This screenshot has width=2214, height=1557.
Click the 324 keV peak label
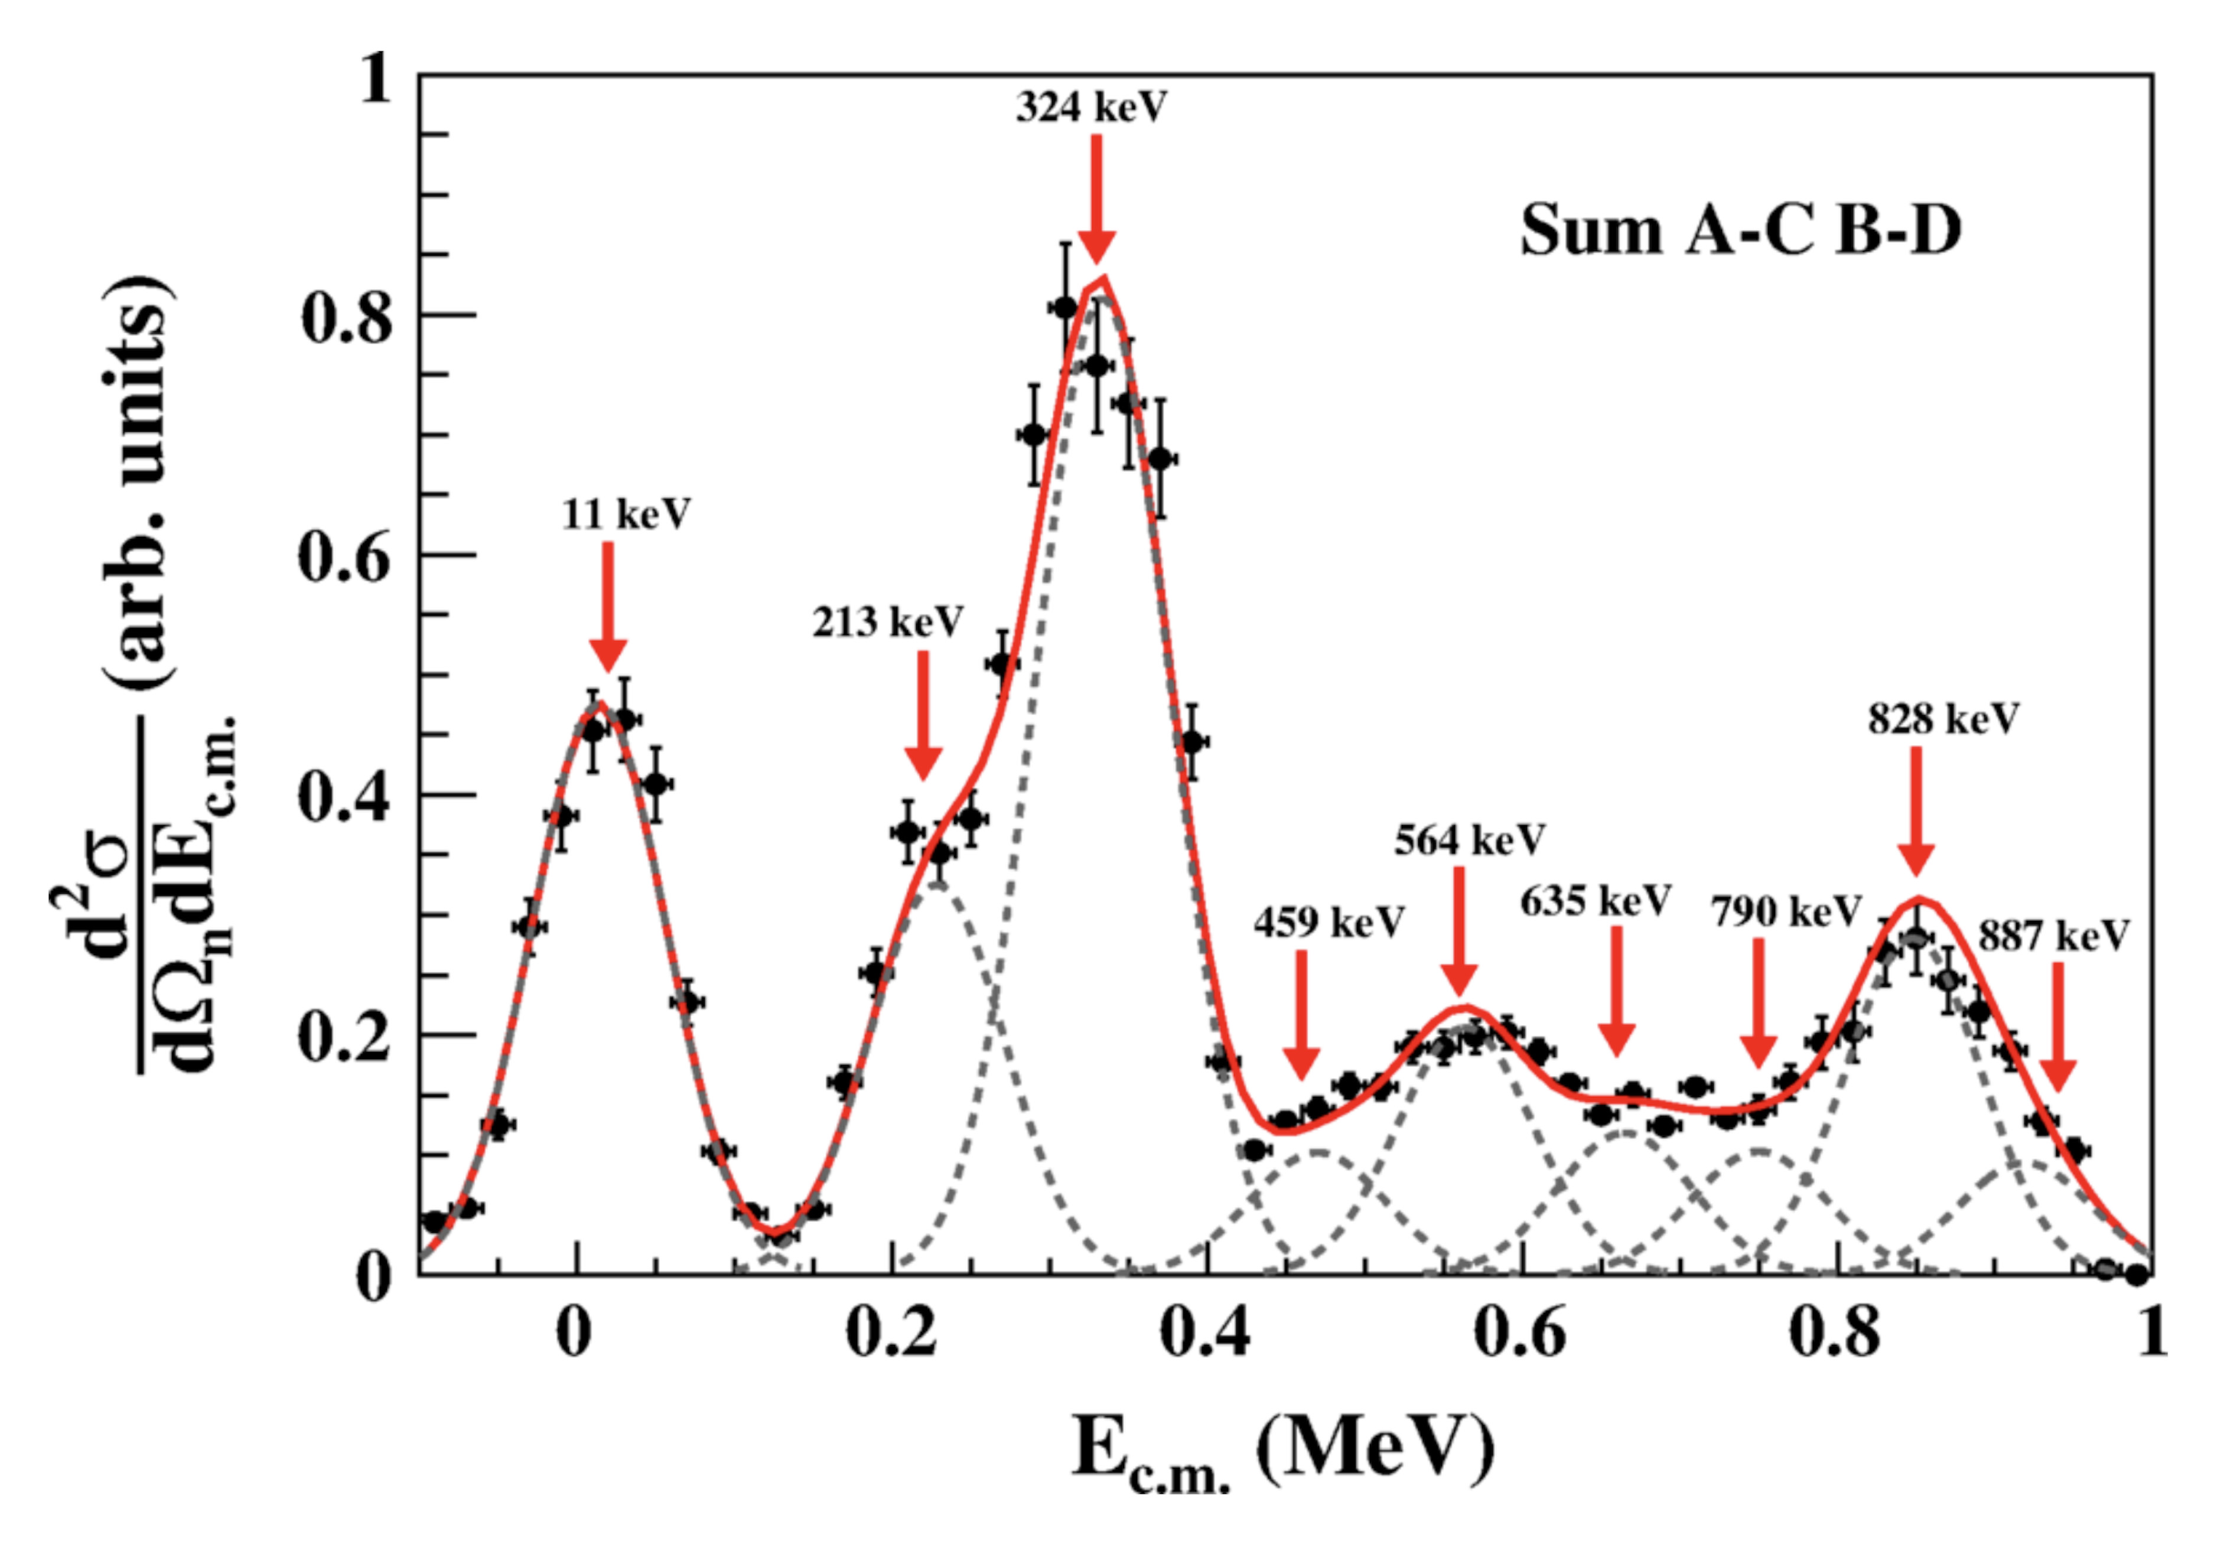coord(1092,106)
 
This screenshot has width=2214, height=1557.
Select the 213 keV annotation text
coord(887,622)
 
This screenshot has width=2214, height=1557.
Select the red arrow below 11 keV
coord(607,607)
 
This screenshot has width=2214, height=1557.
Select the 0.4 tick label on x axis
coord(1206,1333)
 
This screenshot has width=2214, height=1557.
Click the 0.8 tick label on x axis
coord(1835,1333)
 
